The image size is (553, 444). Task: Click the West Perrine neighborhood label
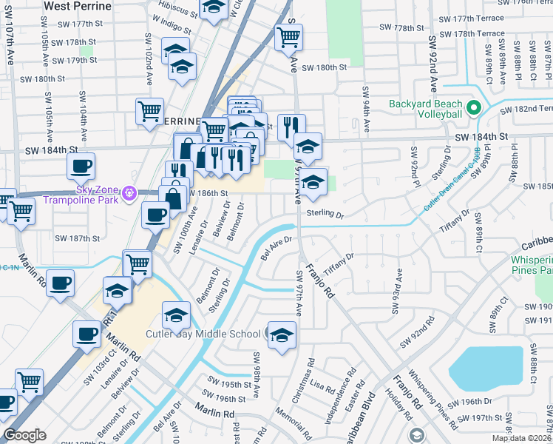[78, 6]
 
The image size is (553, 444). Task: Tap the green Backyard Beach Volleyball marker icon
[474, 109]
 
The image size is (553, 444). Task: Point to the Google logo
[24, 435]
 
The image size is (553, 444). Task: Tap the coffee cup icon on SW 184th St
[81, 166]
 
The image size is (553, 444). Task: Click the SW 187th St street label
[78, 238]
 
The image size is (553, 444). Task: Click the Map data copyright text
[521, 438]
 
